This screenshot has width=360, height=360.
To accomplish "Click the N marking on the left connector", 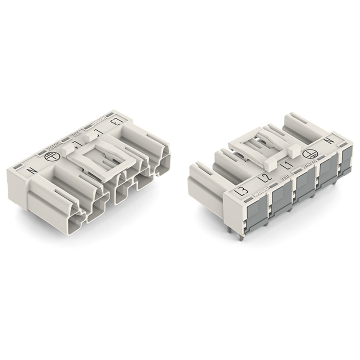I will click(x=32, y=171).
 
